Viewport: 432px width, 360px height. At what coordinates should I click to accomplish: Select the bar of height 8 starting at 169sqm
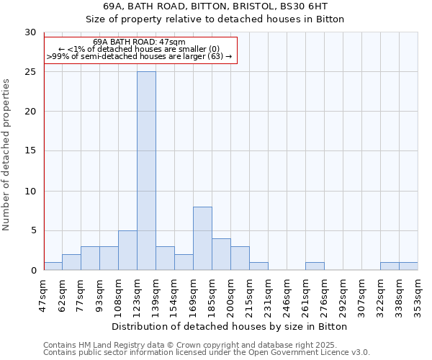click(202, 238)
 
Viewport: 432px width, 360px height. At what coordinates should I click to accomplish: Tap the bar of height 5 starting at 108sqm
click(127, 251)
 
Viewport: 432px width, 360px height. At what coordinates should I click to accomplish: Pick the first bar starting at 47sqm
click(53, 266)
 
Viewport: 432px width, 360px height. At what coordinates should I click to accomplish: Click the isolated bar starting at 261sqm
click(315, 266)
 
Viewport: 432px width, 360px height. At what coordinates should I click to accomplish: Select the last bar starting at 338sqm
click(408, 266)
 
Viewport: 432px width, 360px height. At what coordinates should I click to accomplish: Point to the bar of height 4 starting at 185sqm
click(221, 254)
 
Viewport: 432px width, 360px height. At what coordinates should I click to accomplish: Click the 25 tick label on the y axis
click(30, 72)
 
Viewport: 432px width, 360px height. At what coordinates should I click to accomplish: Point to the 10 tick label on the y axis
click(30, 192)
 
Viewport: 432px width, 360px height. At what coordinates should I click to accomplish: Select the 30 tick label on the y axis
click(30, 32)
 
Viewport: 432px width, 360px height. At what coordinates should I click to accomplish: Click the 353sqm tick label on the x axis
click(418, 295)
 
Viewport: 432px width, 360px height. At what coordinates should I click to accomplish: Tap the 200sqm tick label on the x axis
click(230, 295)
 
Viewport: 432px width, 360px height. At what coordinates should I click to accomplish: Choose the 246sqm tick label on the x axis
click(287, 295)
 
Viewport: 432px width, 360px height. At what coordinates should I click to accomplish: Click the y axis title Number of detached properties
click(7, 154)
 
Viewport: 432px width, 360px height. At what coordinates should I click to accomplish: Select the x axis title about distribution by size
click(230, 326)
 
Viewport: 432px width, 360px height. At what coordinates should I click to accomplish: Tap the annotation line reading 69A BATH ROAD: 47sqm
click(140, 42)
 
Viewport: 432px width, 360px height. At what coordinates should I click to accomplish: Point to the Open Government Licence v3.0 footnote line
click(207, 352)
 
